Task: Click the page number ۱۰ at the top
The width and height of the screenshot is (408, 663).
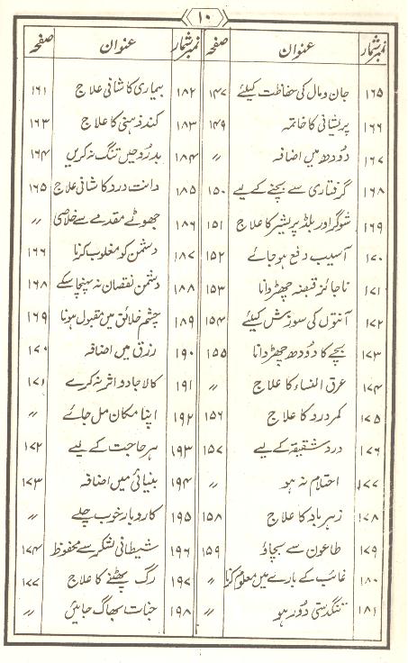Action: tap(204, 15)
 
